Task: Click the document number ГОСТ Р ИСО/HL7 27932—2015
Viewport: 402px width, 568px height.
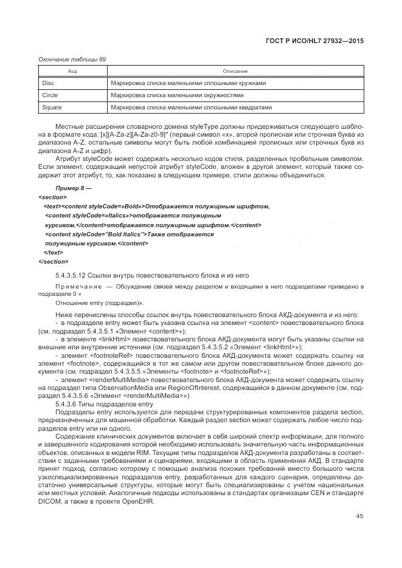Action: tap(318, 41)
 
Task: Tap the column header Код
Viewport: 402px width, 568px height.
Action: tap(72, 72)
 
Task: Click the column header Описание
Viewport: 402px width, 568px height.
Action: tap(235, 72)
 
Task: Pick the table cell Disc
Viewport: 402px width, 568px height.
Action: tap(48, 83)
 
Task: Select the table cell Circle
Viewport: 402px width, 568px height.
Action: tap(50, 95)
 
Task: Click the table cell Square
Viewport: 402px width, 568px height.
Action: tap(52, 108)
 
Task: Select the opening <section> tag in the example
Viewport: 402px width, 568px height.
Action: tap(52, 197)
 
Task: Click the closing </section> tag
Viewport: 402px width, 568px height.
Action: tap(54, 261)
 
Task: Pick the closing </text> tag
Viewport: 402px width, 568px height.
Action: tap(54, 252)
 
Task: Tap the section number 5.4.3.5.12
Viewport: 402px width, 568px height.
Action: tap(74, 275)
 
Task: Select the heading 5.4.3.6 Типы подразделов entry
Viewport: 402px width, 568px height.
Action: tap(103, 405)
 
